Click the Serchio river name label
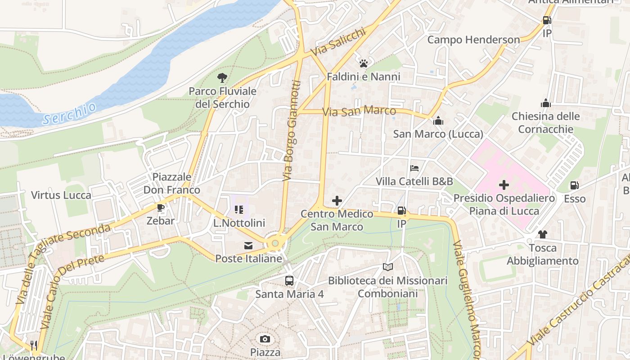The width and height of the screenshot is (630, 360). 70,113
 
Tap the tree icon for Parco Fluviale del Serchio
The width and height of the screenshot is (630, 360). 222,78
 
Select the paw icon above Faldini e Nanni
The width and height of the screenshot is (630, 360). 364,63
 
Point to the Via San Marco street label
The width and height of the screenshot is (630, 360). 359,111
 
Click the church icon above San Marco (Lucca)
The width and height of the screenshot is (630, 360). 438,121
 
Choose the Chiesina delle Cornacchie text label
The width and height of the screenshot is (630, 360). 545,123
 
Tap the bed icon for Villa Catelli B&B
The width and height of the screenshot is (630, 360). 414,168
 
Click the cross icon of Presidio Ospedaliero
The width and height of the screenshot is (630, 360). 504,185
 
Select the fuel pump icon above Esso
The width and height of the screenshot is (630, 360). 575,185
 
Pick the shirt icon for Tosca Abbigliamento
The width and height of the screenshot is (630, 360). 542,234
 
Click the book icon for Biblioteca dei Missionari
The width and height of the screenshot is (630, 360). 387,267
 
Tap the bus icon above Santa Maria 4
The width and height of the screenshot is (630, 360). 289,281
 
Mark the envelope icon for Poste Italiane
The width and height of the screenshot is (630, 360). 248,246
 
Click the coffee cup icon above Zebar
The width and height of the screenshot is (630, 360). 160,207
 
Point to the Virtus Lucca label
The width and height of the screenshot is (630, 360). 61,195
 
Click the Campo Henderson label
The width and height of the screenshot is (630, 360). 473,40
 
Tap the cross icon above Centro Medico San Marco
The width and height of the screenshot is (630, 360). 337,201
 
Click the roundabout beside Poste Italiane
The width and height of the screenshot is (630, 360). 275,243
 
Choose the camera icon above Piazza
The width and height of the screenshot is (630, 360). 265,339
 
